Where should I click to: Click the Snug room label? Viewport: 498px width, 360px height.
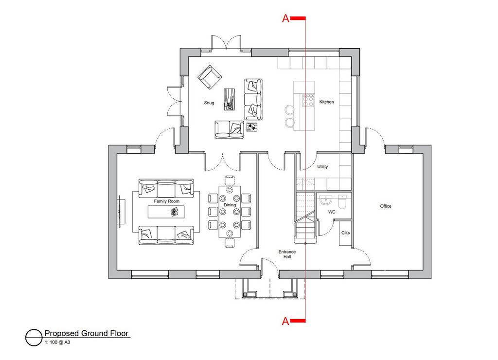[x=209, y=103]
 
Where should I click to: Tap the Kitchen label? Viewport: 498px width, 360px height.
[x=326, y=102]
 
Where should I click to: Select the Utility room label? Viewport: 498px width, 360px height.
[x=322, y=166]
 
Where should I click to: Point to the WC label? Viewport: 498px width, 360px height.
[x=332, y=212]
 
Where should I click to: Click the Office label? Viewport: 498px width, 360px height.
[x=386, y=206]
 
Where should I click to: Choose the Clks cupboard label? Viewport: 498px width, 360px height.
[x=346, y=233]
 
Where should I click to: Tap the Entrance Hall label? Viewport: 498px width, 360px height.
[x=287, y=254]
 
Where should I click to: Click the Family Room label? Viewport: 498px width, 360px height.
[x=166, y=201]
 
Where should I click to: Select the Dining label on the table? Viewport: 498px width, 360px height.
[x=230, y=205]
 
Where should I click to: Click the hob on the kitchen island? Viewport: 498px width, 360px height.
[x=308, y=100]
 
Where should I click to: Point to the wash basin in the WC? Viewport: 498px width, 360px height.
[x=325, y=200]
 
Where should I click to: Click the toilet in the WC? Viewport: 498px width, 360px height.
[x=342, y=201]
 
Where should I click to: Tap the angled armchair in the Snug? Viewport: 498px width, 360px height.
[x=209, y=77]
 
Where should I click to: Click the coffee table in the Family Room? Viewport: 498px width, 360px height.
[x=166, y=212]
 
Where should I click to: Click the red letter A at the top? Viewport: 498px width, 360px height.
[x=285, y=18]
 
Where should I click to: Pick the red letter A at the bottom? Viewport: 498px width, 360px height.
[x=285, y=321]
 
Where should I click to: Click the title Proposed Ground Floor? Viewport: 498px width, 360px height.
[x=87, y=333]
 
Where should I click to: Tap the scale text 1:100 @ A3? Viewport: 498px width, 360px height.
[x=57, y=342]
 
